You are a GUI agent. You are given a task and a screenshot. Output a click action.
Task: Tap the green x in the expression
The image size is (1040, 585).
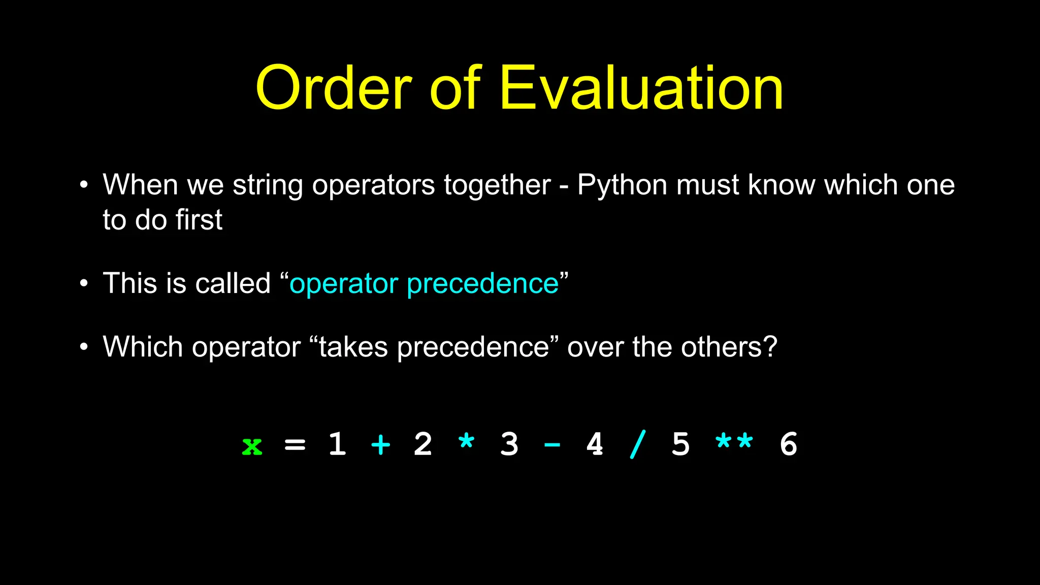(x=252, y=446)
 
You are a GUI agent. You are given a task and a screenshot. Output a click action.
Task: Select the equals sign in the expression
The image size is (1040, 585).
(x=295, y=445)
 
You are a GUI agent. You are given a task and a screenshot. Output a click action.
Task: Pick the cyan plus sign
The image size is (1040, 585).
(x=380, y=445)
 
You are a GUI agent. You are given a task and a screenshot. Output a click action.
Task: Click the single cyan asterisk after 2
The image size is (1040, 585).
(x=466, y=441)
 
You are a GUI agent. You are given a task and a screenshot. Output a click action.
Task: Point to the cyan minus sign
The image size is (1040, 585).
(x=552, y=445)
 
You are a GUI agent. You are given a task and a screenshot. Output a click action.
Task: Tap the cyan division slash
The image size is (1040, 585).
(x=638, y=444)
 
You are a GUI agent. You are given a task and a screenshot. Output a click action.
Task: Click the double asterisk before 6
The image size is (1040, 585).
(x=734, y=441)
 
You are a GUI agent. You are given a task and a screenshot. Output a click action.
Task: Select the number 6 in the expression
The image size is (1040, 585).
(x=788, y=444)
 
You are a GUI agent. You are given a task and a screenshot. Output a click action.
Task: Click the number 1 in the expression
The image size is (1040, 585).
(x=337, y=444)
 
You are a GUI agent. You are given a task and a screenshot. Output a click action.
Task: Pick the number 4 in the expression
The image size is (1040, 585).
(x=595, y=444)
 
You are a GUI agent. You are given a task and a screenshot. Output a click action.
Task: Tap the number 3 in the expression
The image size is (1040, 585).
(x=509, y=444)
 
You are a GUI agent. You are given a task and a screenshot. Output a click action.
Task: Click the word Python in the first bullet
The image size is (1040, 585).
(x=622, y=185)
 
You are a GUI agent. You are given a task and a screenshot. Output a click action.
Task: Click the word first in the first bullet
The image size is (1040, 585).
(x=199, y=220)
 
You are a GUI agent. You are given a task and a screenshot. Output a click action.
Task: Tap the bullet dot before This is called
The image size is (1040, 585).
(x=84, y=283)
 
